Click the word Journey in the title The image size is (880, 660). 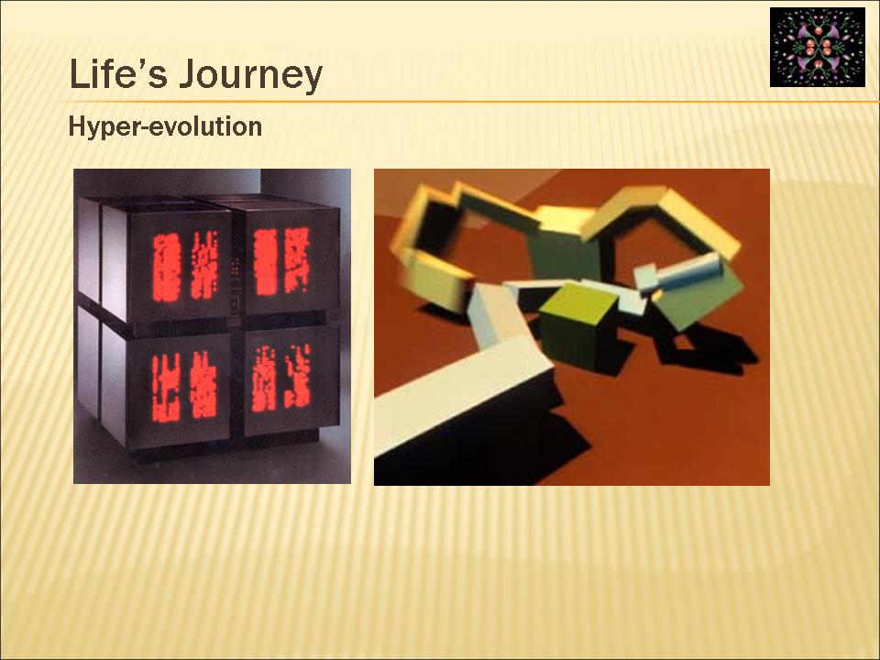click(251, 76)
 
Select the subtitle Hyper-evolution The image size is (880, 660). click(165, 126)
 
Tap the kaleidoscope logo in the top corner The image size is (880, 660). click(817, 47)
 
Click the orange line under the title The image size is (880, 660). click(468, 102)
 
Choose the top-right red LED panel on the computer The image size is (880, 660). click(281, 261)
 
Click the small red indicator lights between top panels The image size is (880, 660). click(236, 266)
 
